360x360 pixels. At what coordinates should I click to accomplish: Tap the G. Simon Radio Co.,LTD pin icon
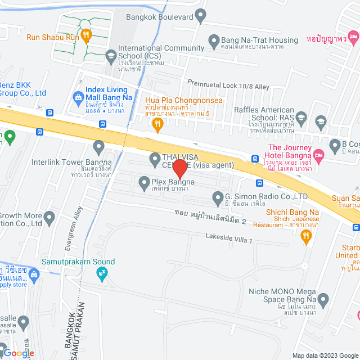tap(218, 196)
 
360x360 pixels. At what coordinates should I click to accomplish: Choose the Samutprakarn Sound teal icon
tap(102, 274)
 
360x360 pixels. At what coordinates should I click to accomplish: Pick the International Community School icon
tap(111, 55)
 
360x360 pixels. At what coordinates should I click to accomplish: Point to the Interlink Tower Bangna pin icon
tap(99, 148)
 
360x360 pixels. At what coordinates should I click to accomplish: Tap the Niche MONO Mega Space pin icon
tap(323, 299)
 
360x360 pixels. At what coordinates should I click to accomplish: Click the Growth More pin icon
tap(49, 217)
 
